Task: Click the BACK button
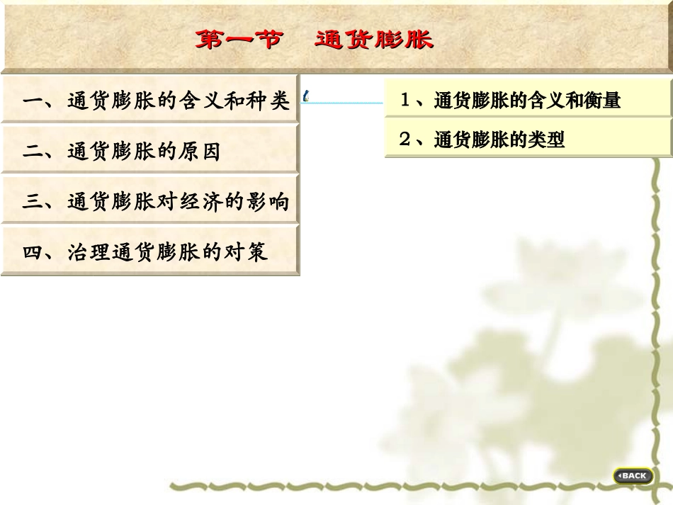[633, 475]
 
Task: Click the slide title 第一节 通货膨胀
[314, 39]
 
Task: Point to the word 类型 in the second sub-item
[546, 140]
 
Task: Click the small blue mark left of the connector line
[305, 96]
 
